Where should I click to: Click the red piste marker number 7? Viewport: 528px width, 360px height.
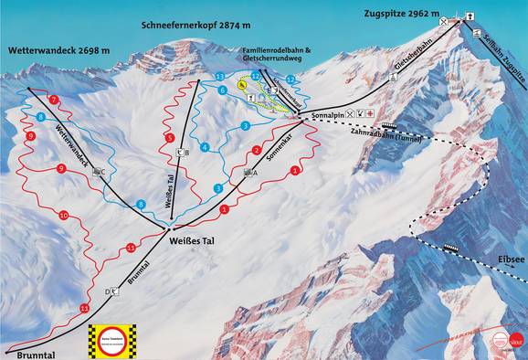[x=54, y=99]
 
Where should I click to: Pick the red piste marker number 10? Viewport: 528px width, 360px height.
[x=63, y=216]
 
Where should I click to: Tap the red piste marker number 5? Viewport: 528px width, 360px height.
[x=170, y=137]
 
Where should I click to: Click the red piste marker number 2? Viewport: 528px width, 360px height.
[x=257, y=150]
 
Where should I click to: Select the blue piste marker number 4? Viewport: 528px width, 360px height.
[x=204, y=146]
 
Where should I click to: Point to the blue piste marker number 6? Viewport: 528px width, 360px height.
[x=222, y=90]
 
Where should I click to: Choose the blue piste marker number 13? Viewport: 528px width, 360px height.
[x=220, y=77]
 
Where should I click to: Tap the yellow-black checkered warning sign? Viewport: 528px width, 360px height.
[x=111, y=339]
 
